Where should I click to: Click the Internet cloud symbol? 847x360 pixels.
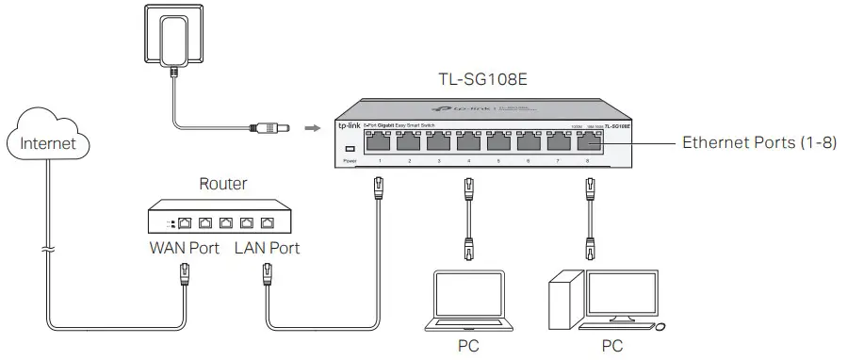point(47,143)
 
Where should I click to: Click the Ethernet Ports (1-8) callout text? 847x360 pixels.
point(759,143)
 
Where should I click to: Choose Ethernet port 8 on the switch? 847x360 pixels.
point(590,142)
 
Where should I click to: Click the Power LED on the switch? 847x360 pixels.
point(350,150)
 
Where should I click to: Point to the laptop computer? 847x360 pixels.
point(468,300)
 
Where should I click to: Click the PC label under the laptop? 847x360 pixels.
point(468,346)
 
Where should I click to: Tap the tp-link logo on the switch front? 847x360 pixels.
point(349,125)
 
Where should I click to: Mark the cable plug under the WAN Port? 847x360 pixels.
point(186,273)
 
